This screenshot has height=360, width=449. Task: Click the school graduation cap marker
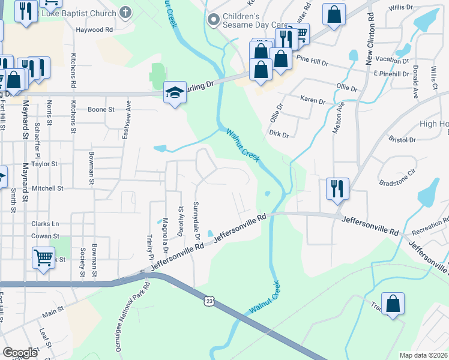[175, 92]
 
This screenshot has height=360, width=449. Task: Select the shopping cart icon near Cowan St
[43, 258]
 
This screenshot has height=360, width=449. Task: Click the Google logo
[20, 353]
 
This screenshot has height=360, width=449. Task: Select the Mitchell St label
[47, 188]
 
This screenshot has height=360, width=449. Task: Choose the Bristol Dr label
[402, 140]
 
